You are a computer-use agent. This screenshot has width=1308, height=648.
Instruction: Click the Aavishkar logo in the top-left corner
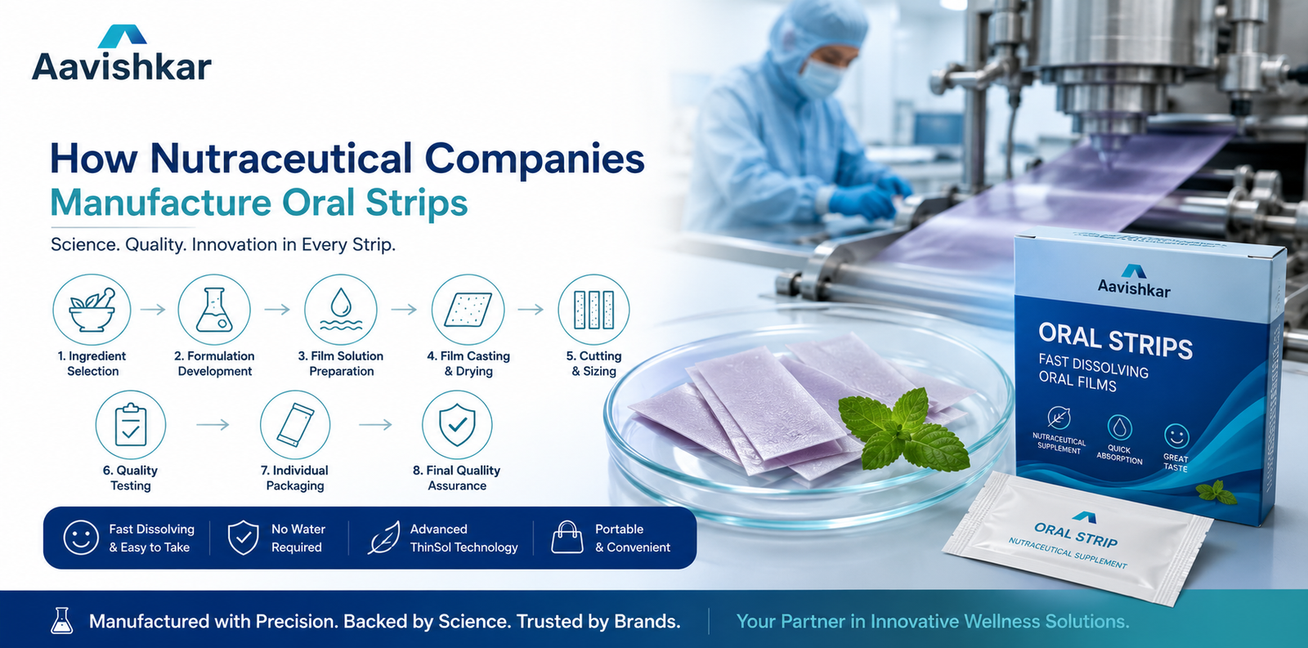[x=122, y=53]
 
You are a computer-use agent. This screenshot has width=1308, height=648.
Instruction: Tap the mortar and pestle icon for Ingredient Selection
[x=92, y=310]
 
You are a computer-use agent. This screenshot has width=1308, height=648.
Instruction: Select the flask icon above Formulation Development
[x=214, y=310]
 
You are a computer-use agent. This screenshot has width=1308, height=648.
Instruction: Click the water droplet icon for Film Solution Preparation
[x=341, y=310]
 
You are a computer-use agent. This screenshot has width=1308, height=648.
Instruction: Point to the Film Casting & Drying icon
[x=468, y=310]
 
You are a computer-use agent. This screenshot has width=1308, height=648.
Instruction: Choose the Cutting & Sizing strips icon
[x=594, y=310]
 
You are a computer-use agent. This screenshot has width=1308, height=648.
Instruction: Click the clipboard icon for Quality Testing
[x=131, y=425]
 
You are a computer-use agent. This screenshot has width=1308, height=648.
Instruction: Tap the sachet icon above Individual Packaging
[x=295, y=425]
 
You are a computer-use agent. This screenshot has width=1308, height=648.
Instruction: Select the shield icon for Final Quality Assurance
[x=457, y=425]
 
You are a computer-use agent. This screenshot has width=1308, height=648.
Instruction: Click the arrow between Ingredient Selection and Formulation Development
[x=153, y=310]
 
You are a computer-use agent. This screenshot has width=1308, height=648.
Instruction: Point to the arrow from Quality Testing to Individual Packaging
[x=213, y=425]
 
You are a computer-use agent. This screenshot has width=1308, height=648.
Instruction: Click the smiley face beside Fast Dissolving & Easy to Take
[x=81, y=538]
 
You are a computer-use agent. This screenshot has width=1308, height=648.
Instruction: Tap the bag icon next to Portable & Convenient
[x=567, y=537]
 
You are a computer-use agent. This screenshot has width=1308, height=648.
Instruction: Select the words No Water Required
[x=298, y=538]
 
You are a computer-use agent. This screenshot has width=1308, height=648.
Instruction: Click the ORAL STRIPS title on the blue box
[x=1115, y=341]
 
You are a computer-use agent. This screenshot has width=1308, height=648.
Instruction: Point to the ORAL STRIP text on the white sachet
[x=1076, y=534]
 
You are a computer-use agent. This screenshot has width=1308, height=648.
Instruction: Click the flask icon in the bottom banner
[x=61, y=620]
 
